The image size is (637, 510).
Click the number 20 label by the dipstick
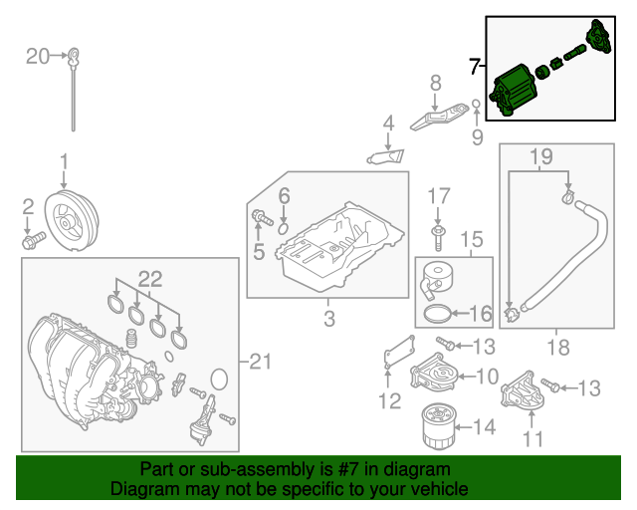pos(37,56)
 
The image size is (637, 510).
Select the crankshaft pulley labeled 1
pos(76,220)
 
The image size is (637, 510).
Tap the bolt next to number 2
pos(34,239)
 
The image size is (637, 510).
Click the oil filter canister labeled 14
pos(436,427)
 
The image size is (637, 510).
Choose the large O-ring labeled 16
pos(436,315)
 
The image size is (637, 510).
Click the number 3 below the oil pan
pos(328,320)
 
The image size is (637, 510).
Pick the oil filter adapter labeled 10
pos(433,377)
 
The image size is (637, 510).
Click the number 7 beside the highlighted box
pos(476,67)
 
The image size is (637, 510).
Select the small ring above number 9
pos(477,104)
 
